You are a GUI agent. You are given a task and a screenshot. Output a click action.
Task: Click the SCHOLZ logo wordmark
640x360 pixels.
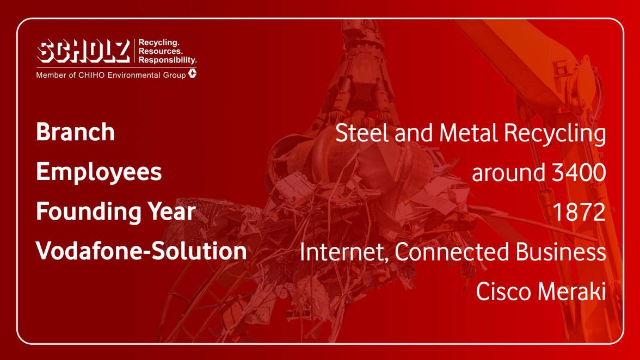tap(84, 51)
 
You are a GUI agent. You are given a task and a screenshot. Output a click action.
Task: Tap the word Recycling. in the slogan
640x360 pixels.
tap(159, 43)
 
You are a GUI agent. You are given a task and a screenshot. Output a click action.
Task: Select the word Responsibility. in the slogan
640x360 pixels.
tap(168, 60)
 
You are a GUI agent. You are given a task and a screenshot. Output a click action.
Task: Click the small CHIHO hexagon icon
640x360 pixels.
tap(192, 73)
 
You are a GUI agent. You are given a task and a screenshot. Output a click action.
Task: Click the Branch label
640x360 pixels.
tap(76, 132)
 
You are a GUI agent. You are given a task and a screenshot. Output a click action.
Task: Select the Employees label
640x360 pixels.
tap(99, 172)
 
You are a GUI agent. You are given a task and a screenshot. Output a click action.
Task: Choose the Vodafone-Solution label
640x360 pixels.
tap(141, 251)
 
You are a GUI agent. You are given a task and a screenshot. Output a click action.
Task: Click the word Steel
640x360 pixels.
tap(362, 133)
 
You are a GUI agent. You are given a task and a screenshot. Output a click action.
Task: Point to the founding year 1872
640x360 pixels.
tap(579, 212)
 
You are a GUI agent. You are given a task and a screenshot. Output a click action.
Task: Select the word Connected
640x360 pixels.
tap(452, 252)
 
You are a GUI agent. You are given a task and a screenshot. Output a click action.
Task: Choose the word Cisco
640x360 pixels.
tap(504, 291)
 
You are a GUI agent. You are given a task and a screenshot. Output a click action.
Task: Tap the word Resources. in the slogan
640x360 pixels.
tap(161, 51)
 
